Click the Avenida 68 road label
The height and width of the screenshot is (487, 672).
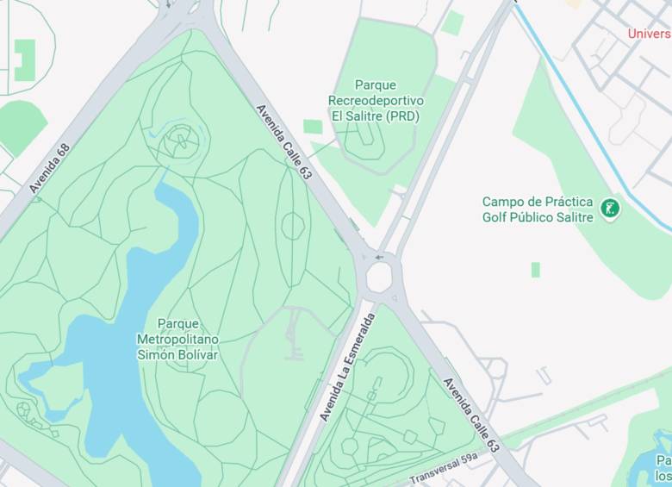tap(49, 168)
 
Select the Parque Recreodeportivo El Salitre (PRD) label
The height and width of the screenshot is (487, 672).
tap(376, 101)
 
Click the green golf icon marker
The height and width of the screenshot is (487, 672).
tap(610, 208)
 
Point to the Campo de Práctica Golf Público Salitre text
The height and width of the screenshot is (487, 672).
tap(538, 209)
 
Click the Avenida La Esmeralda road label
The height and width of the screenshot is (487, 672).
tap(347, 367)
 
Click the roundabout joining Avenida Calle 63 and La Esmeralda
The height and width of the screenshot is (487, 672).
tap(379, 278)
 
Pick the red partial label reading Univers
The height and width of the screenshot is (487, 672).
tap(649, 34)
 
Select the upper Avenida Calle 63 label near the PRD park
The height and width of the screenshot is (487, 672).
tap(283, 142)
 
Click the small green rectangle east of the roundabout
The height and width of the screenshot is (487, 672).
tap(535, 270)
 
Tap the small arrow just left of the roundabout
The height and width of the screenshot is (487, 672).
tap(379, 257)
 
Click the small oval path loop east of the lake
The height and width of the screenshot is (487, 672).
tap(293, 226)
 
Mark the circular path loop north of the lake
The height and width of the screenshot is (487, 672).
tap(181, 138)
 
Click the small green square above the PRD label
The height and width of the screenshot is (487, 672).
tap(452, 23)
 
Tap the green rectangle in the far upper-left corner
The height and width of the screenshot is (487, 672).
tap(25, 60)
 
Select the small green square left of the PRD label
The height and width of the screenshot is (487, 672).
tap(313, 127)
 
